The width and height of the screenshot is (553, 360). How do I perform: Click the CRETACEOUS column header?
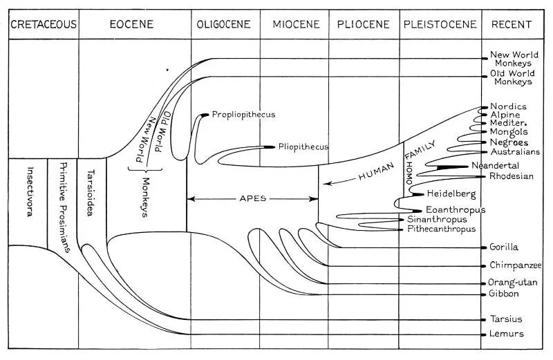pyautogui.click(x=43, y=25)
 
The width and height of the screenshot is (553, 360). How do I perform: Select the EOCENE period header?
pyautogui.click(x=131, y=25)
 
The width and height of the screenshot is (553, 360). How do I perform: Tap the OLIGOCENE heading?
pyautogui.click(x=225, y=25)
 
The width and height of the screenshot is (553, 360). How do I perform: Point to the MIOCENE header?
pyautogui.click(x=296, y=25)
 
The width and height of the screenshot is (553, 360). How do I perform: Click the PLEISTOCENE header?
pyautogui.click(x=440, y=25)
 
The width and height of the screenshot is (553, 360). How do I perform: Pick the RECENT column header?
pyautogui.click(x=512, y=25)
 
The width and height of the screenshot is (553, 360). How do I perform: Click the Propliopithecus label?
pyautogui.click(x=244, y=114)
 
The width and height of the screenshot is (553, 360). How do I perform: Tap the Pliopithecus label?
pyautogui.click(x=303, y=147)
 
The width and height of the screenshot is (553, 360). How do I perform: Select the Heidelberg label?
pyautogui.click(x=452, y=194)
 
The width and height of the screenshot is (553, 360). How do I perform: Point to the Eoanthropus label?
pyautogui.click(x=456, y=209)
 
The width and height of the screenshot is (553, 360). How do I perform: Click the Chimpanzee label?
pyautogui.click(x=516, y=265)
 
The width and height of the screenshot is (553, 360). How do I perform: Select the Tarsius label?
pyautogui.click(x=506, y=319)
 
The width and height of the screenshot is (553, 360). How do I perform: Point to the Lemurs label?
pyautogui.click(x=507, y=334)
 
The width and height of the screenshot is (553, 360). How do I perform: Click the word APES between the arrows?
pyautogui.click(x=252, y=198)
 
